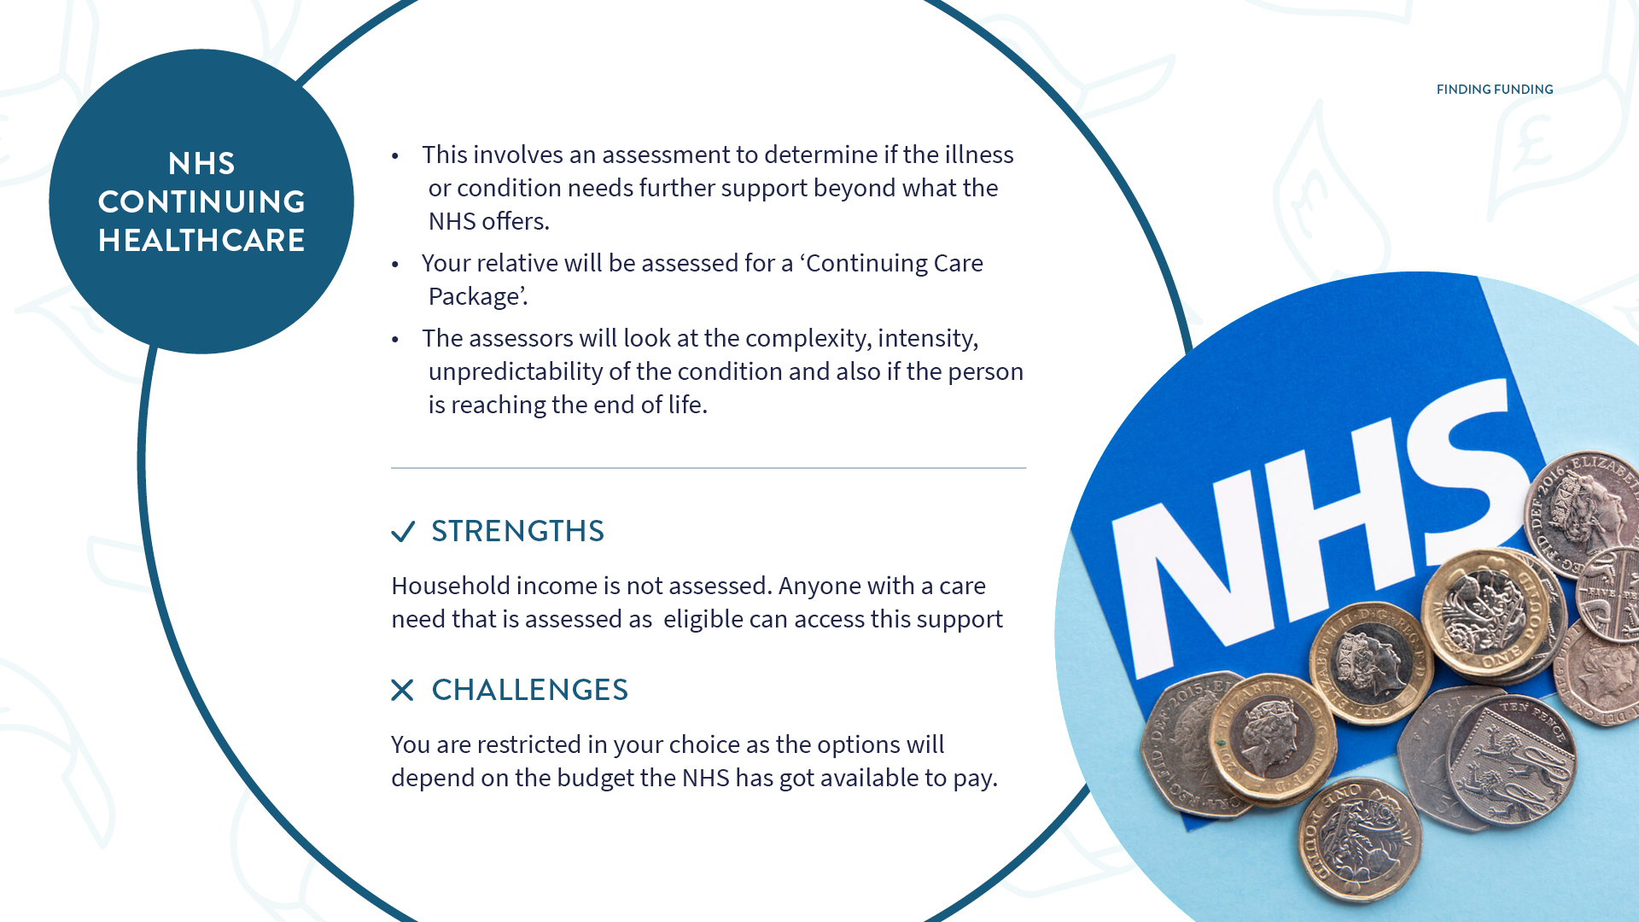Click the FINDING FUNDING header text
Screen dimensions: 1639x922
(1495, 90)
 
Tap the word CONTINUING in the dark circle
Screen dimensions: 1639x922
(201, 202)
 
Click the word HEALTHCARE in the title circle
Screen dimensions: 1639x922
(201, 241)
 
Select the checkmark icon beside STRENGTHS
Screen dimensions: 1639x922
(403, 532)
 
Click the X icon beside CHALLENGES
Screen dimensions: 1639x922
(402, 690)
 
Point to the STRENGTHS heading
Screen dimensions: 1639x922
(518, 531)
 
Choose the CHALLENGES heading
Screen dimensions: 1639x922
(530, 690)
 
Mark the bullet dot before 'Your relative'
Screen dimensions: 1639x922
(395, 265)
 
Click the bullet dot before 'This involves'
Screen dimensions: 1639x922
(395, 156)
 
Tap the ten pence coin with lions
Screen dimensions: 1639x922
(1512, 760)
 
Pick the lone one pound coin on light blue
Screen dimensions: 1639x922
(1359, 841)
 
